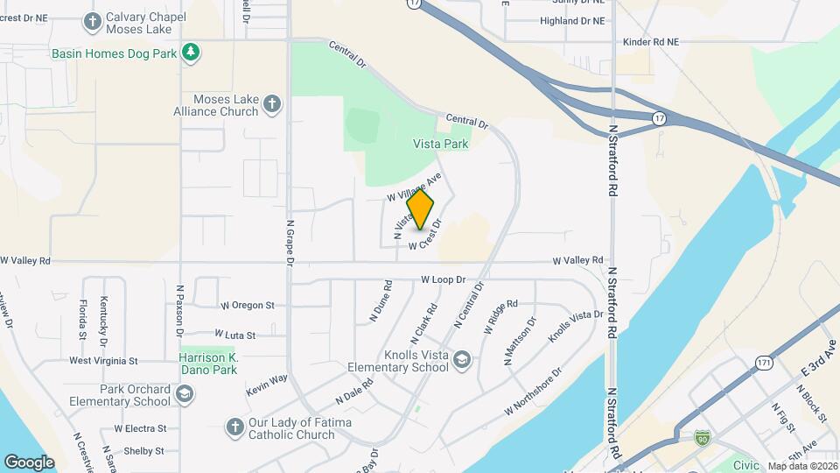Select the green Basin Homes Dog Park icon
[x=191, y=53]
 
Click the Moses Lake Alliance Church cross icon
[x=272, y=105]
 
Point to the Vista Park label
[x=441, y=144]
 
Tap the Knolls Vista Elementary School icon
[x=462, y=359]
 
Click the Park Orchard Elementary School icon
[x=185, y=396]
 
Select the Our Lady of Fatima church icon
[x=234, y=427]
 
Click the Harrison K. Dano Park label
[x=208, y=364]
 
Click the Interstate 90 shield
[x=702, y=436]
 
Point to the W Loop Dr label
[x=441, y=280]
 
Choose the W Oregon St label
[x=248, y=306]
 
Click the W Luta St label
[x=234, y=335]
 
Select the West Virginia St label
[x=103, y=360]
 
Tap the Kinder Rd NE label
[x=650, y=41]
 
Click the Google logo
[x=29, y=462]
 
